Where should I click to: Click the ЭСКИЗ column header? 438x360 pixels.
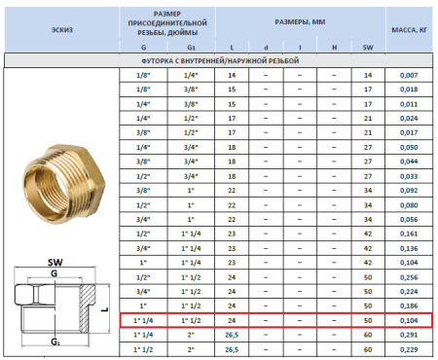60,30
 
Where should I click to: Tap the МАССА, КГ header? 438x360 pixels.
410,30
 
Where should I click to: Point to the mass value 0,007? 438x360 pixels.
410,75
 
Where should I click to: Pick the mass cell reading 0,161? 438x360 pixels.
410,234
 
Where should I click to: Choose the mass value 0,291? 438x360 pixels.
410,335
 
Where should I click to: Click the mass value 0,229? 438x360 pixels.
410,349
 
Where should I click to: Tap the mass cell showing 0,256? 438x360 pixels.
410,277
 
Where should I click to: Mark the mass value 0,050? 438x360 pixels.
410,147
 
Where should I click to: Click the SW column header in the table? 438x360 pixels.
368,46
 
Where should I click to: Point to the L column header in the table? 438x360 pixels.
232,46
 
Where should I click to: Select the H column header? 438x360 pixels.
333,46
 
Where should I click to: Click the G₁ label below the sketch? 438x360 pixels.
55,343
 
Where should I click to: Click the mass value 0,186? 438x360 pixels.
410,306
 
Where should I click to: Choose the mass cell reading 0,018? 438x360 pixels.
410,90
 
